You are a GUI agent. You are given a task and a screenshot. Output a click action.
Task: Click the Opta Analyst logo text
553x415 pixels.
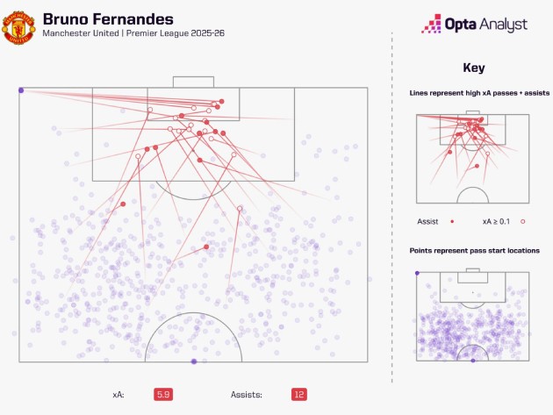coord(486,25)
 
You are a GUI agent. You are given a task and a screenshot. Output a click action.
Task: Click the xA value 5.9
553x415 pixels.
coord(162,395)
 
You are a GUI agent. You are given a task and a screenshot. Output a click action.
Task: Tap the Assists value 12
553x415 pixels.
coord(299,395)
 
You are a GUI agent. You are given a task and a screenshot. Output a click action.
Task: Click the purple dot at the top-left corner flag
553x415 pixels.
coord(20,89)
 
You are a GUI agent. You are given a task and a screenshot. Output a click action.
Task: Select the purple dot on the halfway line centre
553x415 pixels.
coord(194,361)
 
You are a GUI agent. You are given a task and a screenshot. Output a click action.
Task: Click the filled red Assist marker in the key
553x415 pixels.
coord(450,222)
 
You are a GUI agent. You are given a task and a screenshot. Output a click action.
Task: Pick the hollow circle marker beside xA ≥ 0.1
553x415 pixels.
coord(522,222)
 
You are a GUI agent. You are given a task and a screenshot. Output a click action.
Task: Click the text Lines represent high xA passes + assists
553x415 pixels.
coord(472,93)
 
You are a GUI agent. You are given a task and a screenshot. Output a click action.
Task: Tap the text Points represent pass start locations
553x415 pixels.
coord(474,251)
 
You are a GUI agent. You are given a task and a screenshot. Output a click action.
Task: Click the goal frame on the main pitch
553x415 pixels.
coord(193,82)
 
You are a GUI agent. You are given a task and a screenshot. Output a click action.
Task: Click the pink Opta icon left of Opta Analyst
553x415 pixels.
coord(432,25)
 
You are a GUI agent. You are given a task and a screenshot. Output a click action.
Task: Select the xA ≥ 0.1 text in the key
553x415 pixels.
coord(498,222)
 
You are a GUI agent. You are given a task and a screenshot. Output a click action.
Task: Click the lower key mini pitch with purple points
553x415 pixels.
coord(472,316)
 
